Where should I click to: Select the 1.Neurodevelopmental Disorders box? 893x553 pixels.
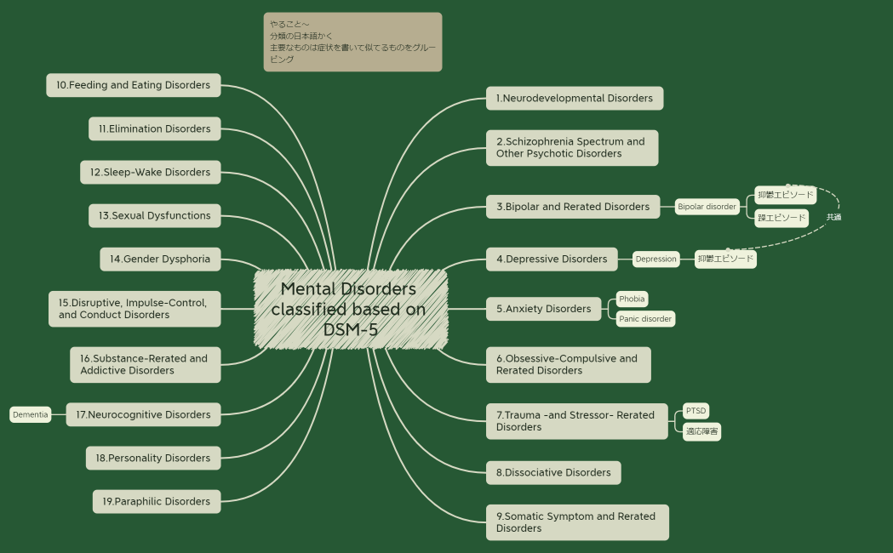(x=574, y=98)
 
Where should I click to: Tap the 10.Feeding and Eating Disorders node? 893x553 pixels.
(x=134, y=85)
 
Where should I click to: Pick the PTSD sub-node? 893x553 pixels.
(x=696, y=411)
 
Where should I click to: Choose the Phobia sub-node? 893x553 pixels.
(x=632, y=299)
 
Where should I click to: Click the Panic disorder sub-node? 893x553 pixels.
(x=645, y=319)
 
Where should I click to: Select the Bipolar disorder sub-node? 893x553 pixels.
(x=707, y=207)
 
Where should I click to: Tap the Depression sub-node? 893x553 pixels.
(x=655, y=259)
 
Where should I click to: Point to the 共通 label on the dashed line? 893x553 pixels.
(x=833, y=217)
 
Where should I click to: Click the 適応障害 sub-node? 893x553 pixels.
(x=701, y=432)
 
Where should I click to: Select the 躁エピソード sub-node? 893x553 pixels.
(x=781, y=218)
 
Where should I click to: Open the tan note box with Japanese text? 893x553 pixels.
(x=352, y=42)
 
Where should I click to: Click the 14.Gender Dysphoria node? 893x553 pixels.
(x=160, y=259)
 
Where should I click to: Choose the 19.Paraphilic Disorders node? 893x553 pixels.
(x=156, y=501)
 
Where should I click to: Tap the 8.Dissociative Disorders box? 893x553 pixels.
(x=553, y=472)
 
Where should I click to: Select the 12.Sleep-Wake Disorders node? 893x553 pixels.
(x=150, y=172)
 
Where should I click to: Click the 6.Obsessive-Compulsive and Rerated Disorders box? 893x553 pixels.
(x=568, y=364)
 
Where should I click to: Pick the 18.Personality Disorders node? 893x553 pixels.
(x=152, y=458)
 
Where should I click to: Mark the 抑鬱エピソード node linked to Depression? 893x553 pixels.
(x=725, y=259)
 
